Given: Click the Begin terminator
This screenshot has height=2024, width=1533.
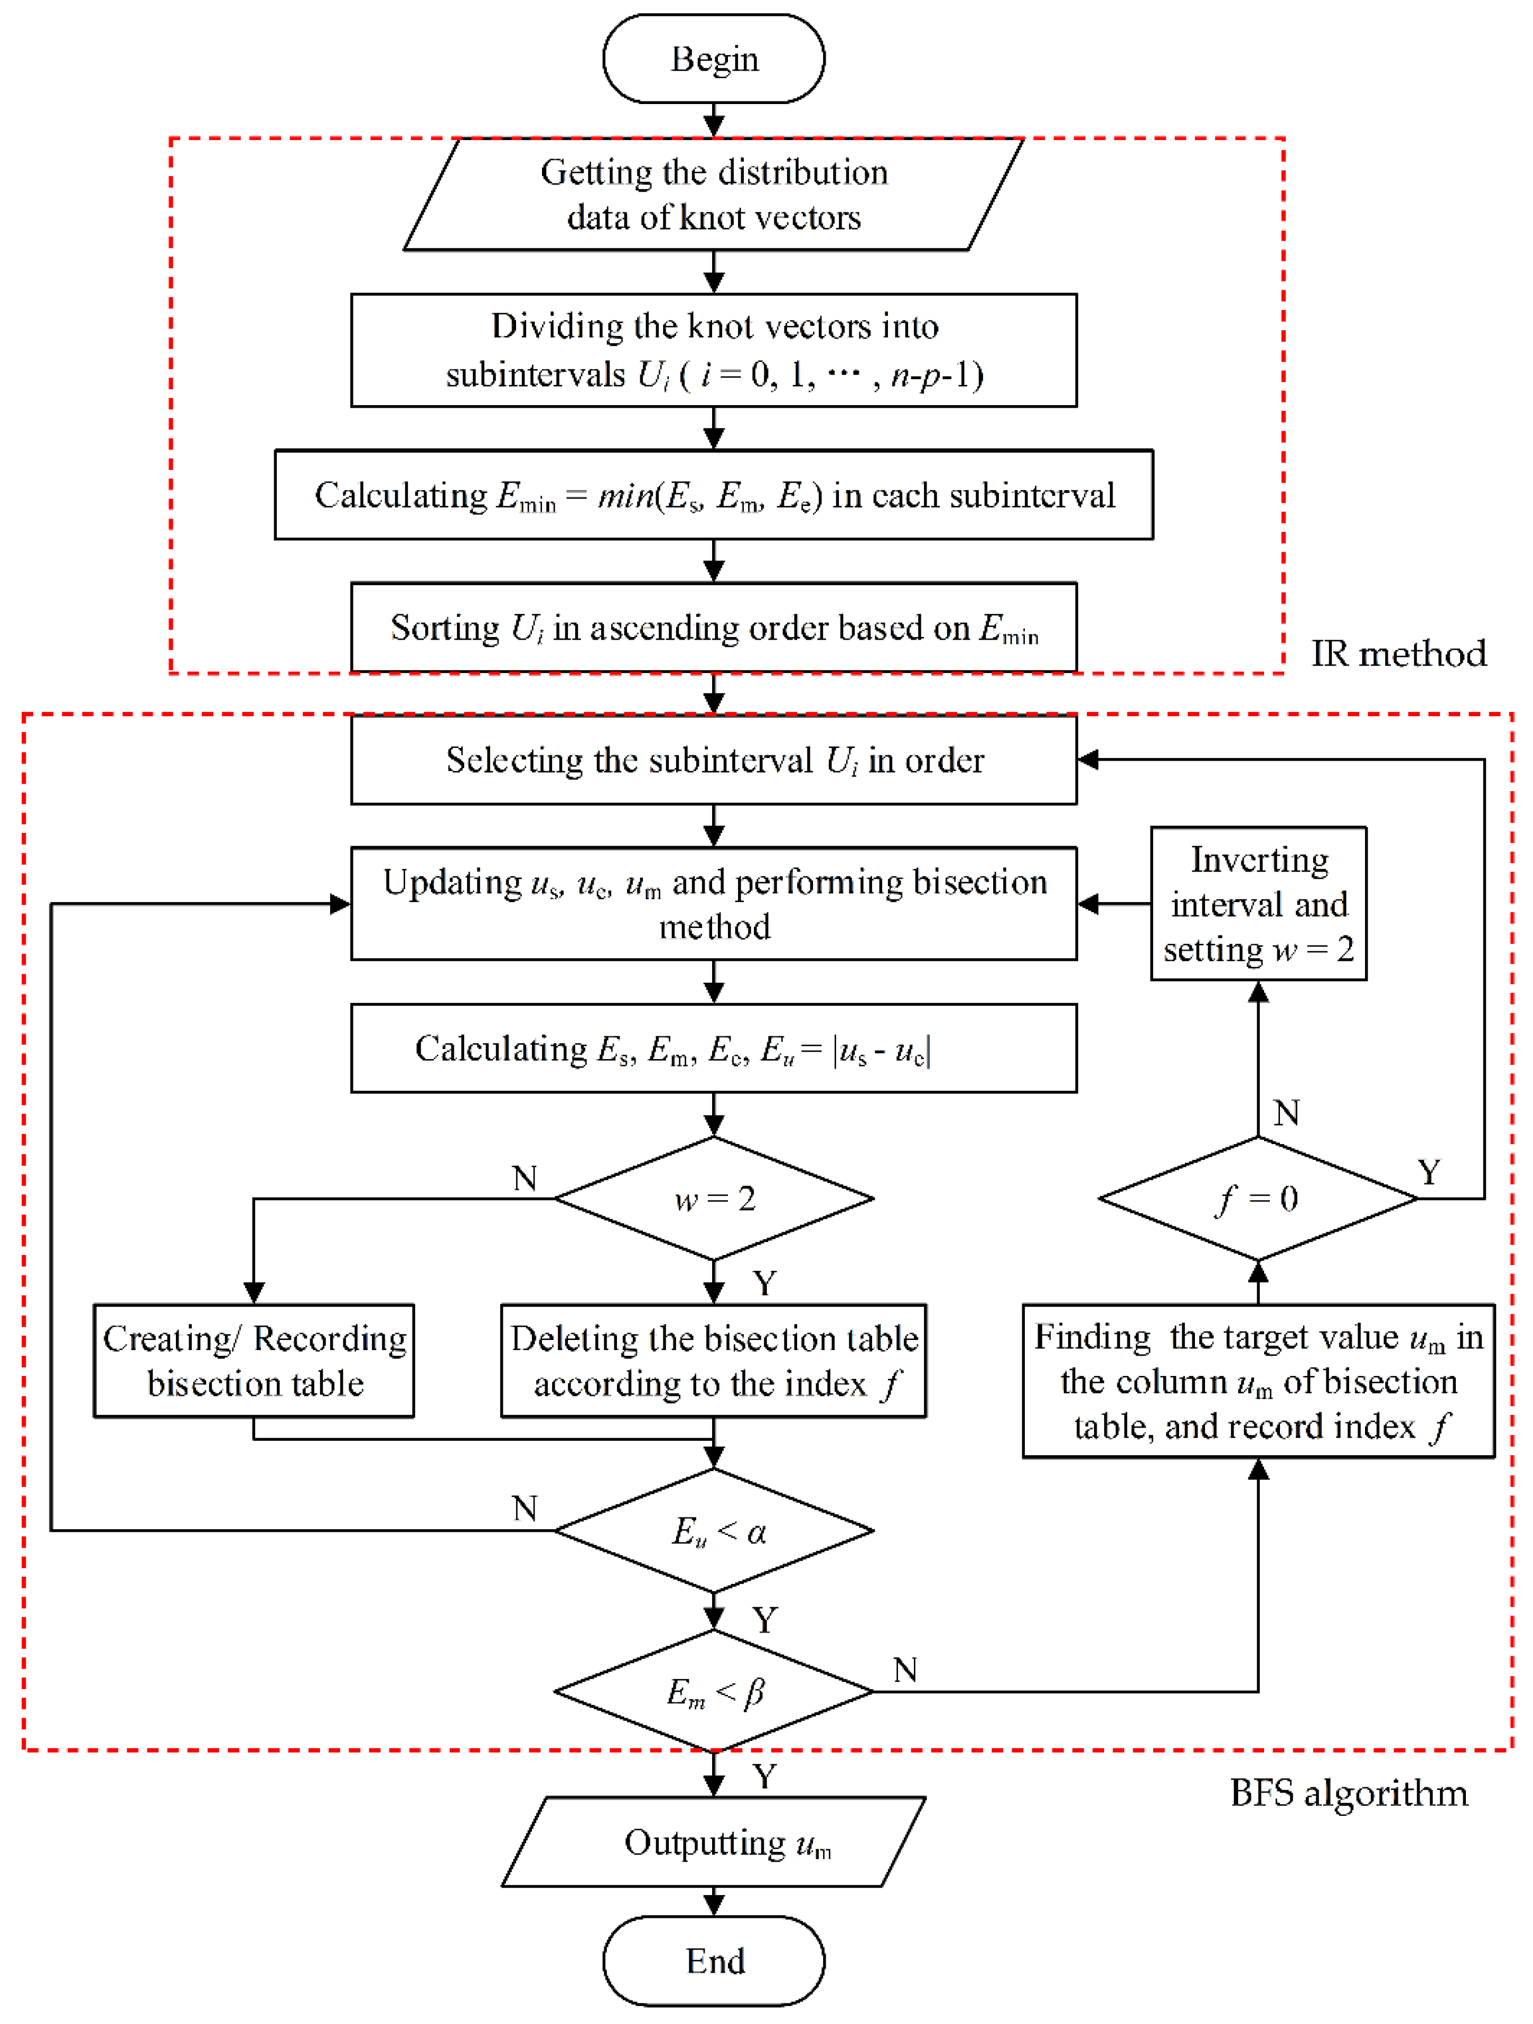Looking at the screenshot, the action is [x=714, y=59].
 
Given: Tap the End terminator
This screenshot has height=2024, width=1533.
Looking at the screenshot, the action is [x=714, y=1961].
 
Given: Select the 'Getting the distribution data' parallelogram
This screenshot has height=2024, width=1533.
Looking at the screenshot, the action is [x=714, y=194].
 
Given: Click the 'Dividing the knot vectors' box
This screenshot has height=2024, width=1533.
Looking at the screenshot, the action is [x=714, y=350].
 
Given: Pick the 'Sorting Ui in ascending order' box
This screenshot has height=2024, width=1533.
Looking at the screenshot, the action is [x=714, y=627].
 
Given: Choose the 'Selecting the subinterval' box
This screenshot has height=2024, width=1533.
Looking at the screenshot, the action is [x=714, y=760].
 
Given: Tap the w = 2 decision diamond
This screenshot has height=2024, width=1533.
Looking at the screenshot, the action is [x=714, y=1198].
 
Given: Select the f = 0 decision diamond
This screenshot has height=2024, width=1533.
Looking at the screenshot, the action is [x=1258, y=1198].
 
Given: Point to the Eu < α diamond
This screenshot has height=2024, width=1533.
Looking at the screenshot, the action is [x=714, y=1531].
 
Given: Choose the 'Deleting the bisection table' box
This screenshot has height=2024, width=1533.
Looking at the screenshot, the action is [x=714, y=1361].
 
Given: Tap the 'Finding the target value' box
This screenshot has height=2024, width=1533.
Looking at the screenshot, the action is [x=1258, y=1381].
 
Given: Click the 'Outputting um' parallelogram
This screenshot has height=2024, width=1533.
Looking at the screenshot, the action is [x=714, y=1842].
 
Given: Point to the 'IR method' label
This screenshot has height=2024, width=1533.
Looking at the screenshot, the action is [x=1398, y=653].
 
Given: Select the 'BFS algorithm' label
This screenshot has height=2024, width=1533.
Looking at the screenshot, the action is [x=1349, y=1793].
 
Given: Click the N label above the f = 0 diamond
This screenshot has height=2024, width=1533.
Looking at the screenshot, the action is [x=1286, y=1113].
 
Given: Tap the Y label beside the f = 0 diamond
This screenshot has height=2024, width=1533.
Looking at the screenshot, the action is [x=1428, y=1172].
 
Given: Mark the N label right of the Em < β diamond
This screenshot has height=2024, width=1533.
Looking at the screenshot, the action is [x=905, y=1670].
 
